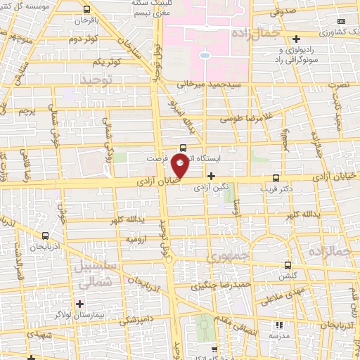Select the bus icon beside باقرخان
point(86,10)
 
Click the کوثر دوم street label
point(82,39)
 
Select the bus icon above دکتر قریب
point(275,179)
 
